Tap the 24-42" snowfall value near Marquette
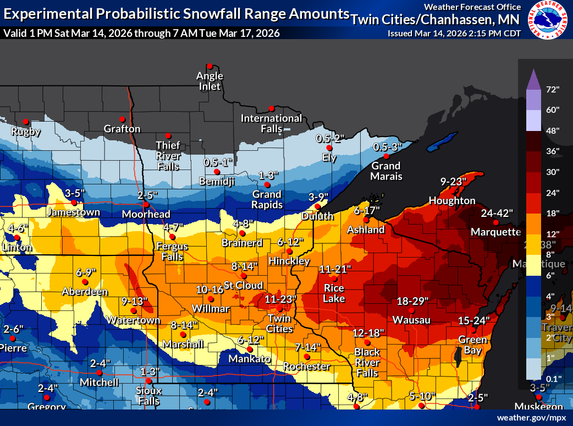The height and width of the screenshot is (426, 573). (497, 212)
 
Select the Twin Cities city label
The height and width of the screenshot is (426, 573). (280, 324)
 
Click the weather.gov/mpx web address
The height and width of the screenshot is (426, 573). (531, 418)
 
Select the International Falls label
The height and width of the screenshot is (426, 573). (271, 123)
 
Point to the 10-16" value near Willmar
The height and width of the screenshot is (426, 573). (209, 290)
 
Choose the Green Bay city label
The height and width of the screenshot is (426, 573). (470, 345)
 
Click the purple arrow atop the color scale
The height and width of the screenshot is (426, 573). (533, 80)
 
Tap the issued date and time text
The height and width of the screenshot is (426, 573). (454, 33)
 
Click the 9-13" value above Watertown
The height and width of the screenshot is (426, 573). (135, 301)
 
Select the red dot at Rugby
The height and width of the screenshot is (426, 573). (25, 122)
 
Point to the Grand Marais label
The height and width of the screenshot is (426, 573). (387, 171)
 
